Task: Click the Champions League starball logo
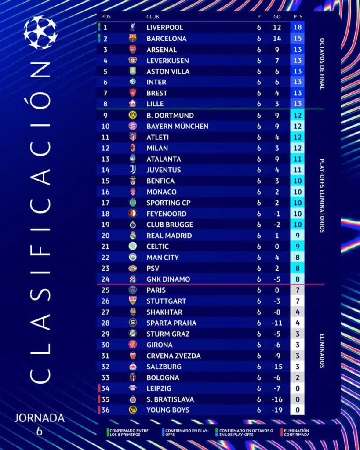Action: click(40, 32)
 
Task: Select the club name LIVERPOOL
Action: click(164, 28)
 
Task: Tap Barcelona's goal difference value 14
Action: click(277, 39)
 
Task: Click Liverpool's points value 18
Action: click(298, 28)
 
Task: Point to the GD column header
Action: click(277, 17)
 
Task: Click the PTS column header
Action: click(298, 17)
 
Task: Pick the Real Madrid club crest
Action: click(133, 236)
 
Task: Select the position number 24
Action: click(105, 279)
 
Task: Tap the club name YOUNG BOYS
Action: click(168, 410)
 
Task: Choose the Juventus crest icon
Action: click(133, 170)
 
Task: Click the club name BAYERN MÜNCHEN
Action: click(177, 127)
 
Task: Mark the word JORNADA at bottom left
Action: click(40, 417)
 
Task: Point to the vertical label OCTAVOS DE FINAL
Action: click(322, 64)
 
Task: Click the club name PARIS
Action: click(156, 290)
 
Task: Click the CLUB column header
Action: click(153, 17)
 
